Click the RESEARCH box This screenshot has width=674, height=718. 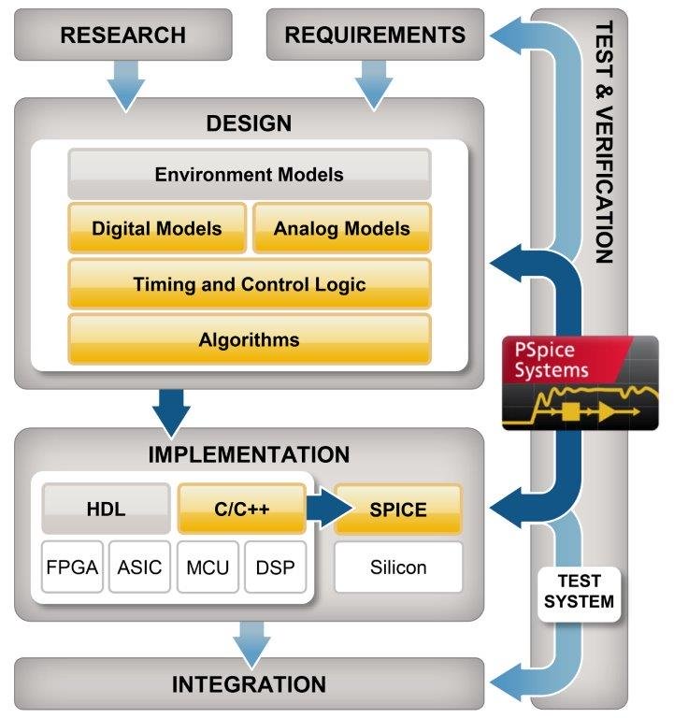coord(122,35)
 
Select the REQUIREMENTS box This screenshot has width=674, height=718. coord(375,35)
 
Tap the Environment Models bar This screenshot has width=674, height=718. coord(249,174)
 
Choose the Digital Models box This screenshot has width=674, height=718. coord(157,228)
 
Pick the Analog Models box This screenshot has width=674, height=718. coord(341,228)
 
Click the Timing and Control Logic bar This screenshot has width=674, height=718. coord(249,283)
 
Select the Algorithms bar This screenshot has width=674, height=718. coord(249,339)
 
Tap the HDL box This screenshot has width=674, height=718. coord(106,509)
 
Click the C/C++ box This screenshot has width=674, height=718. coord(242,509)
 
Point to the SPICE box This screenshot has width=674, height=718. coord(398,510)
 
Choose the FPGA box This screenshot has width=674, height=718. coord(72,567)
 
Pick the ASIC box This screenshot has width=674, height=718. coord(139,567)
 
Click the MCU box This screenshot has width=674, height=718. coord(208,567)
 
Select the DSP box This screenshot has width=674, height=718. coord(276,567)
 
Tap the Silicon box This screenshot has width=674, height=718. coord(398,567)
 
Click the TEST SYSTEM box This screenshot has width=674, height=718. coord(580,591)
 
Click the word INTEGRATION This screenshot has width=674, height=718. coord(249,684)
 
